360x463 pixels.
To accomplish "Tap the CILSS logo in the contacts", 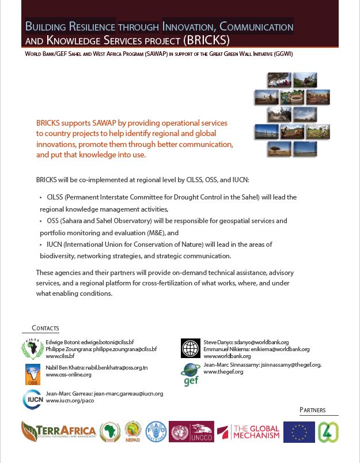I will coord(32,349).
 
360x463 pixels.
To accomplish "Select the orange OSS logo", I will coord(33,374).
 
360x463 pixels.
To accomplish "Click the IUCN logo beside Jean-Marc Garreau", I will coord(32,398).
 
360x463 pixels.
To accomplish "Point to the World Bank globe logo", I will coord(190,348).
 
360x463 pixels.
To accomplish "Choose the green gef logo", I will coord(191,374).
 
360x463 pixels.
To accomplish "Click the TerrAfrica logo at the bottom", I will coord(58,431).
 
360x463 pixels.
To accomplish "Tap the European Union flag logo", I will coord(299,432).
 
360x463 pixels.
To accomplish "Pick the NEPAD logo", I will coord(133,431).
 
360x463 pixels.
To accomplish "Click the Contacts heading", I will coord(46,328).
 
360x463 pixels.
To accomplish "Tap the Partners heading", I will coord(312,410).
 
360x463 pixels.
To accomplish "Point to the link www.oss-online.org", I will coord(69,375).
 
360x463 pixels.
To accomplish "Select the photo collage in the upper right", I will coord(291,115).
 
